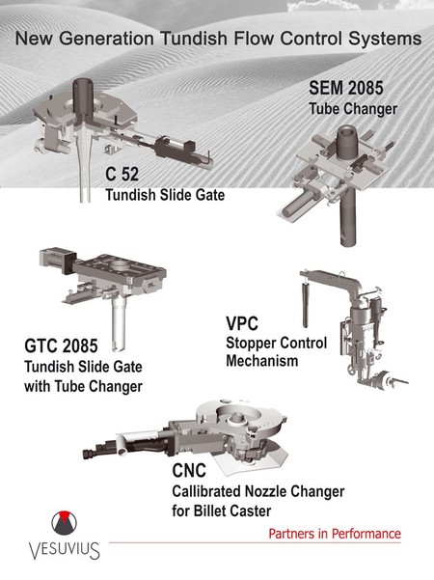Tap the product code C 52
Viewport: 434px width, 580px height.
[x=122, y=174]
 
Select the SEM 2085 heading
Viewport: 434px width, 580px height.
[x=346, y=88]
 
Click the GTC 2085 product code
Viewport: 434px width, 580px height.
[x=61, y=345]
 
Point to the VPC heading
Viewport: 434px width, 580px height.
[x=242, y=323]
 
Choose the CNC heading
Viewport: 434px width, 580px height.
[x=189, y=471]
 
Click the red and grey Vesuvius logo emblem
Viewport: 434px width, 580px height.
[x=65, y=523]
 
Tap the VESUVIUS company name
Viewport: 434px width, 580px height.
[x=65, y=550]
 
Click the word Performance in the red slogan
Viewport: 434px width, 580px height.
[x=366, y=534]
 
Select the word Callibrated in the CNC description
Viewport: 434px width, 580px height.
[x=206, y=491]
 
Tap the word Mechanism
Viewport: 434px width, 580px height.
[x=262, y=361]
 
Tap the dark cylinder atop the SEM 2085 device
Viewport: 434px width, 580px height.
[x=347, y=143]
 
